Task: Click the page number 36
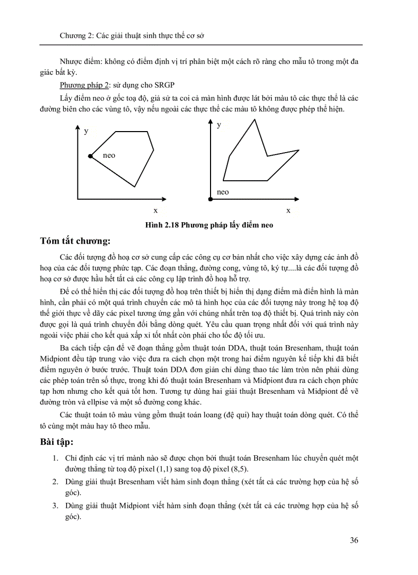click(353, 540)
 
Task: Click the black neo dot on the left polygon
click(90, 156)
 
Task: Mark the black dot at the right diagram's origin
click(210, 199)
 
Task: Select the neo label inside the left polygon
click(109, 155)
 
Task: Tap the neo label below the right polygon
click(223, 192)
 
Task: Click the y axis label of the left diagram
click(86, 131)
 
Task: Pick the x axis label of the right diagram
click(288, 210)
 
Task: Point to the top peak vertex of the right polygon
click(254, 119)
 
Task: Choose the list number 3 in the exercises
click(55, 506)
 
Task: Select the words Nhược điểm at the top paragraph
click(80, 62)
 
